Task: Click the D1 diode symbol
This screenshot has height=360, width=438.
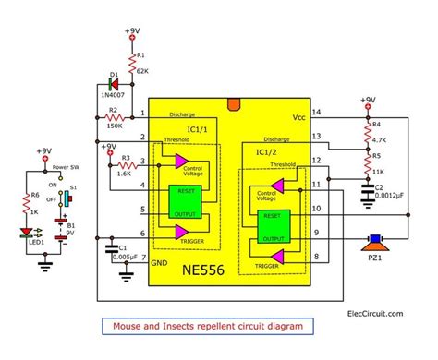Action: click(112, 79)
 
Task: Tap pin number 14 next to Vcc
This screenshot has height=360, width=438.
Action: click(319, 113)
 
